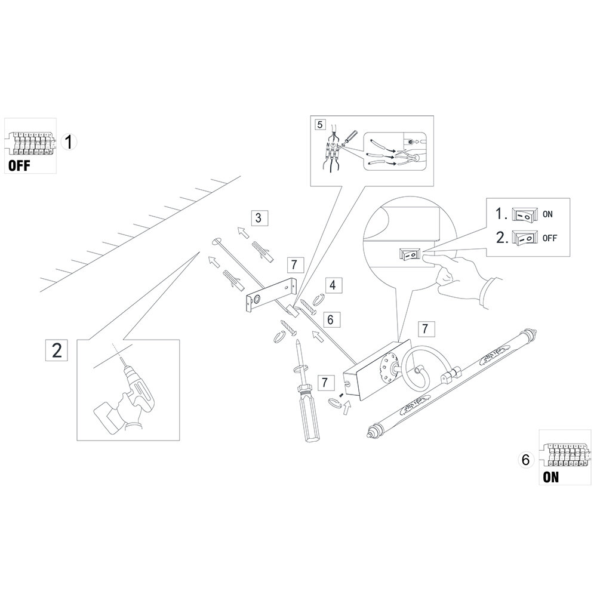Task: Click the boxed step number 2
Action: click(57, 350)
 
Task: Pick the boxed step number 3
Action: click(257, 217)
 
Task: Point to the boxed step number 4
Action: click(333, 285)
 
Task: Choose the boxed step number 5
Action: click(321, 125)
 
